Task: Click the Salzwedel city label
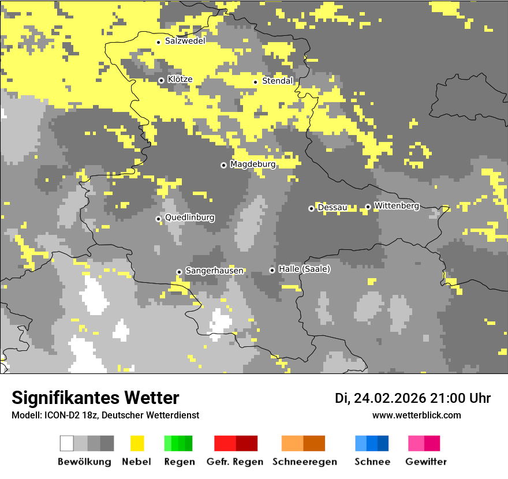[185, 41]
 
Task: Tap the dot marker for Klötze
[161, 80]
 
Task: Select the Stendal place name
[278, 81]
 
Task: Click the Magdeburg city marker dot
[223, 165]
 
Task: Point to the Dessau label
[333, 207]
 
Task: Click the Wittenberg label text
[397, 205]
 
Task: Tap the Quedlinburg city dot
[158, 219]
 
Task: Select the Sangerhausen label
[214, 271]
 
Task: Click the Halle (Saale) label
[304, 269]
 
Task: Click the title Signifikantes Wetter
[95, 398]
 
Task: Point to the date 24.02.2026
[390, 398]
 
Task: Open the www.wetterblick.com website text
[416, 415]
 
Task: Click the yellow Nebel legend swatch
[137, 443]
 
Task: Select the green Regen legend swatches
[178, 443]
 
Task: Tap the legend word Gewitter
[425, 462]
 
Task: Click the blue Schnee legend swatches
[371, 443]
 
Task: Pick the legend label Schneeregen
[304, 462]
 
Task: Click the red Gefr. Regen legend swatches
[236, 443]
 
